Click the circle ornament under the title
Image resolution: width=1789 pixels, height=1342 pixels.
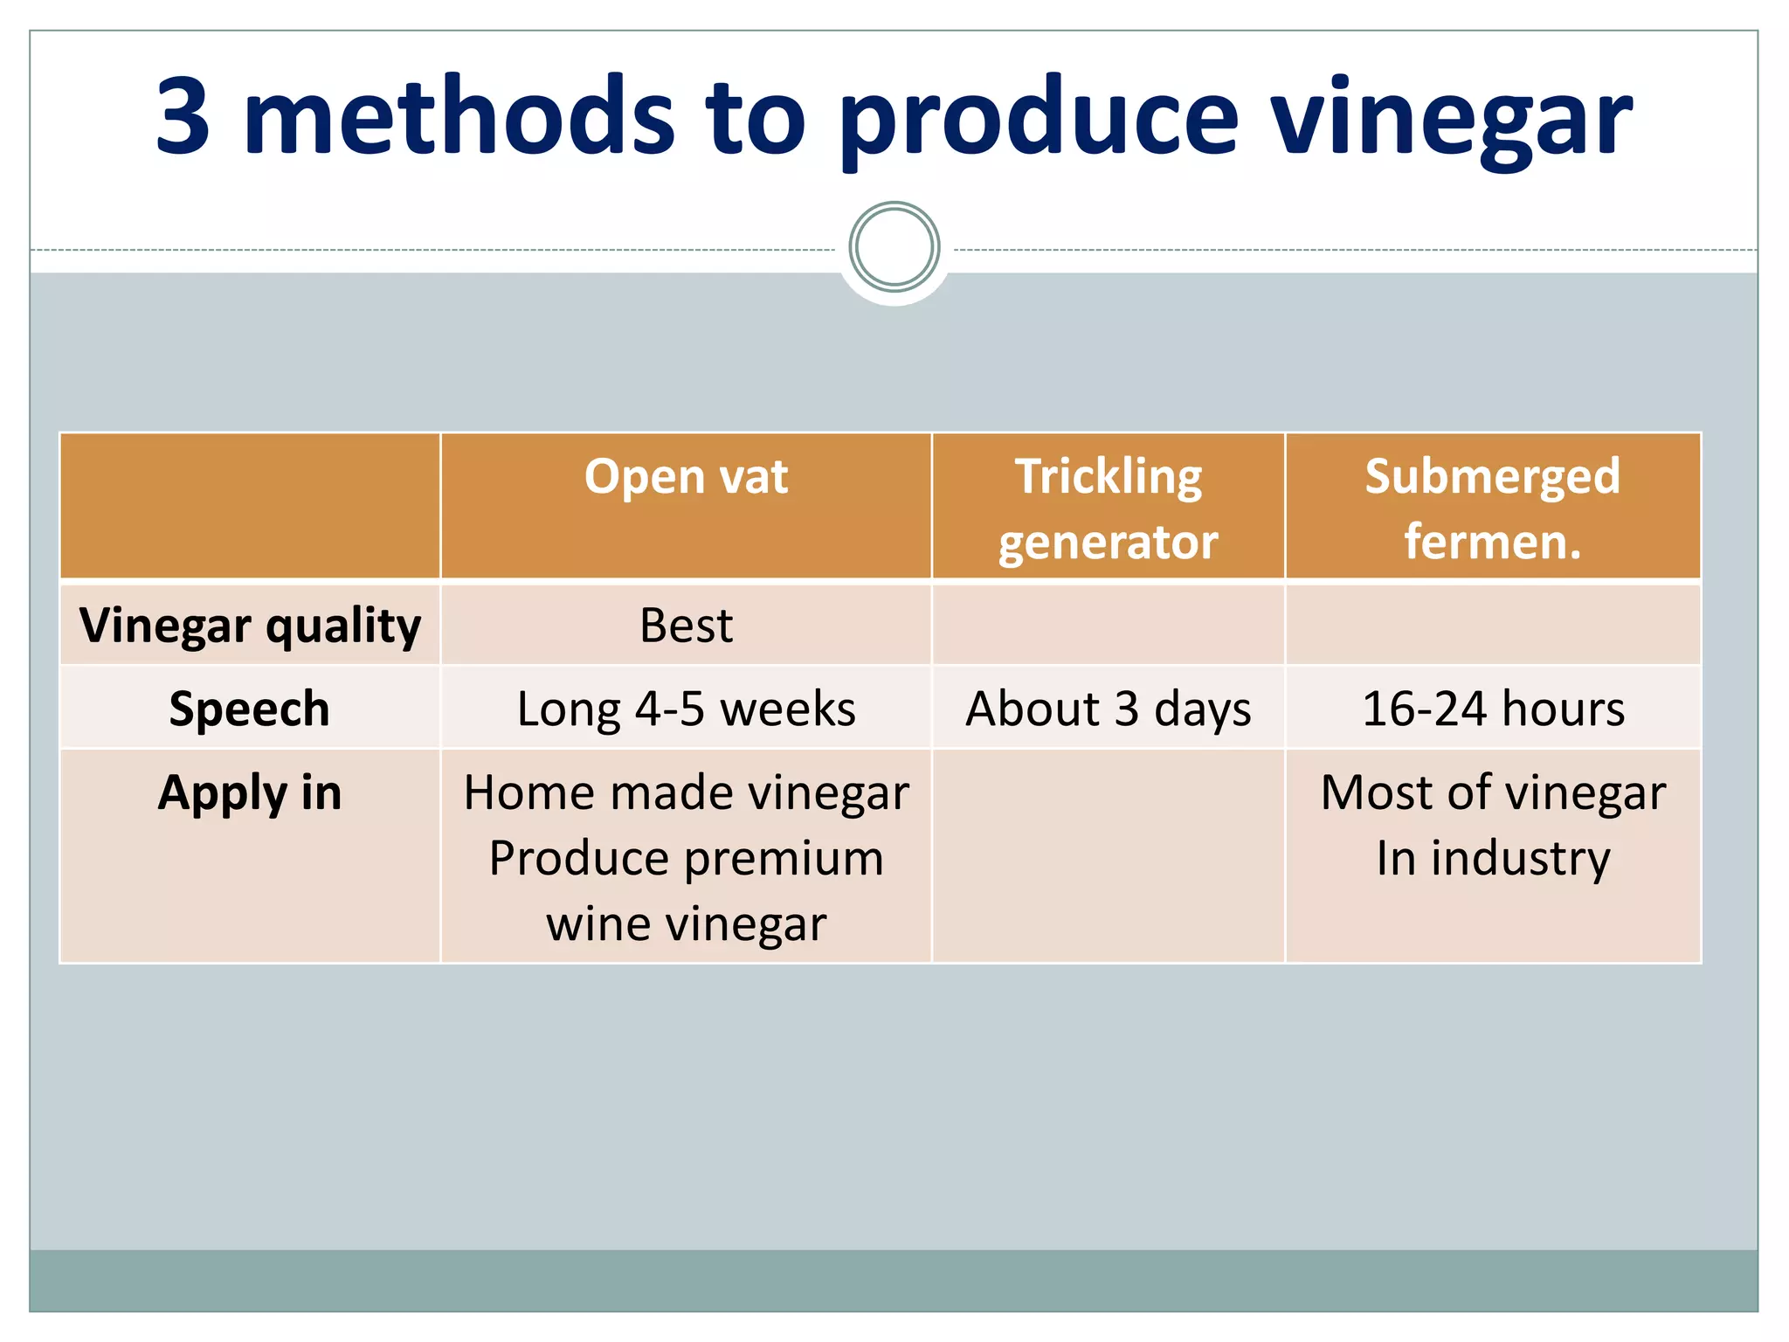pos(894,247)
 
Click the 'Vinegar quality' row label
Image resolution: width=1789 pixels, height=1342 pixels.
pos(250,626)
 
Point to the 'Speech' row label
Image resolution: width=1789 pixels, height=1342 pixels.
pos(250,709)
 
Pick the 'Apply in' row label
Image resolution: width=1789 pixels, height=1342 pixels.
pos(250,792)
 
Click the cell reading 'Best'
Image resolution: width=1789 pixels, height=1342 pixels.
pos(686,626)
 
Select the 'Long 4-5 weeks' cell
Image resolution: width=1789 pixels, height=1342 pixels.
pos(686,709)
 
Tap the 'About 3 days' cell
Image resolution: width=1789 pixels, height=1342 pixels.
pos(1108,709)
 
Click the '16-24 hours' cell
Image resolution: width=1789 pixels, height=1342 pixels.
pos(1492,709)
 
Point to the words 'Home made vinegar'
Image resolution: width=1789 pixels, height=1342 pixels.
pos(686,792)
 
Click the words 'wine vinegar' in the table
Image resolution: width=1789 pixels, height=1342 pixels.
pos(686,924)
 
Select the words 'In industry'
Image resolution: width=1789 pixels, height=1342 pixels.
pos(1492,858)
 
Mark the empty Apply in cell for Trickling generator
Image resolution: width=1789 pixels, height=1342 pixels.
pos(1108,856)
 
